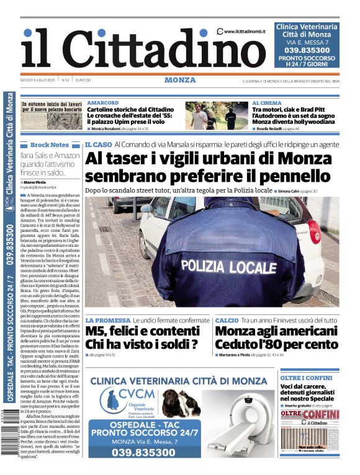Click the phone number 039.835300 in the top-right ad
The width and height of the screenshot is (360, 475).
[x=307, y=50]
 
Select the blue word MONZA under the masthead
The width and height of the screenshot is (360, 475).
[x=180, y=80]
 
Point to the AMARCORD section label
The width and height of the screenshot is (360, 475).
[x=103, y=103]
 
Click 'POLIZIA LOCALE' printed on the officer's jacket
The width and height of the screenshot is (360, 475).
[x=228, y=267]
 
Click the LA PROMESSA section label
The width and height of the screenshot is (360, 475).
[x=107, y=321]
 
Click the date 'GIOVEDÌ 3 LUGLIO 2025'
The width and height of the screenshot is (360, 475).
[x=38, y=80]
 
